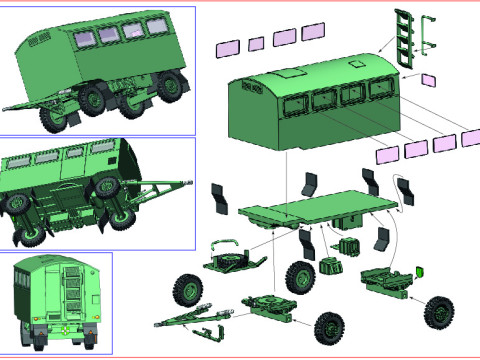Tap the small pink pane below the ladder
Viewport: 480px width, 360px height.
click(x=430, y=80)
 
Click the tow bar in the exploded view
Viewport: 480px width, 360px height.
click(x=195, y=317)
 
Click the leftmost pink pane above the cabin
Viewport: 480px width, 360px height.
click(x=228, y=47)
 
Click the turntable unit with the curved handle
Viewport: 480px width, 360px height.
click(x=234, y=259)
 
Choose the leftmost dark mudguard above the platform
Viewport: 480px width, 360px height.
click(x=220, y=196)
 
